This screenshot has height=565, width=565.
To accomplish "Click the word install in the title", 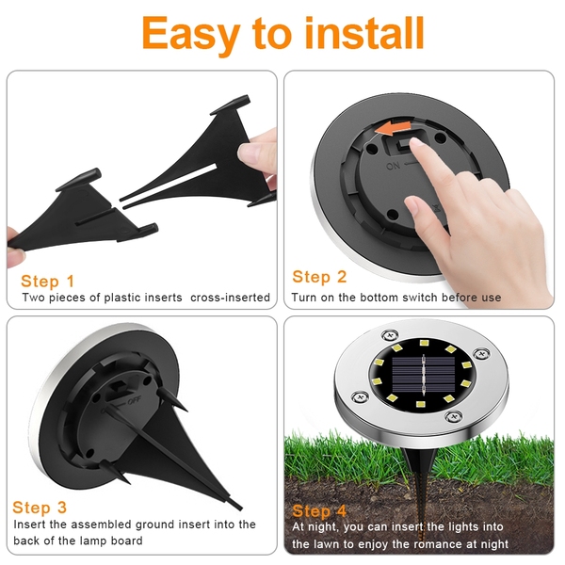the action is click(x=364, y=33).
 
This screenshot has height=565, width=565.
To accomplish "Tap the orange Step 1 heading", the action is click(x=48, y=282).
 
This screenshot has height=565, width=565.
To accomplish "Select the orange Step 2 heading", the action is click(x=319, y=277).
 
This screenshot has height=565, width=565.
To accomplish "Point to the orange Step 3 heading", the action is click(x=40, y=508).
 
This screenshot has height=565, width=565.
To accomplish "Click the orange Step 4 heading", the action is click(x=319, y=511).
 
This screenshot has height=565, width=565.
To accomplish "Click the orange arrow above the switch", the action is click(x=393, y=128).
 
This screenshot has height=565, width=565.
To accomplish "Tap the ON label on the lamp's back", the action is click(x=393, y=166).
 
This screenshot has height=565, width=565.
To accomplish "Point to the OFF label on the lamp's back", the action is click(x=134, y=400).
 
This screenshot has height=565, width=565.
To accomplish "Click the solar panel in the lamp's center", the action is click(x=423, y=375).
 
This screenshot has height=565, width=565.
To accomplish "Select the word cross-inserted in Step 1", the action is click(x=230, y=298).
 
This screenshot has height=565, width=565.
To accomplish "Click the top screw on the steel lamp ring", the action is click(x=390, y=335).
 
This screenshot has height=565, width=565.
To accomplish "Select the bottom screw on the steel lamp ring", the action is click(x=453, y=417).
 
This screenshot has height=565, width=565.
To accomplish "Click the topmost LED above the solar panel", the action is click(x=424, y=343).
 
